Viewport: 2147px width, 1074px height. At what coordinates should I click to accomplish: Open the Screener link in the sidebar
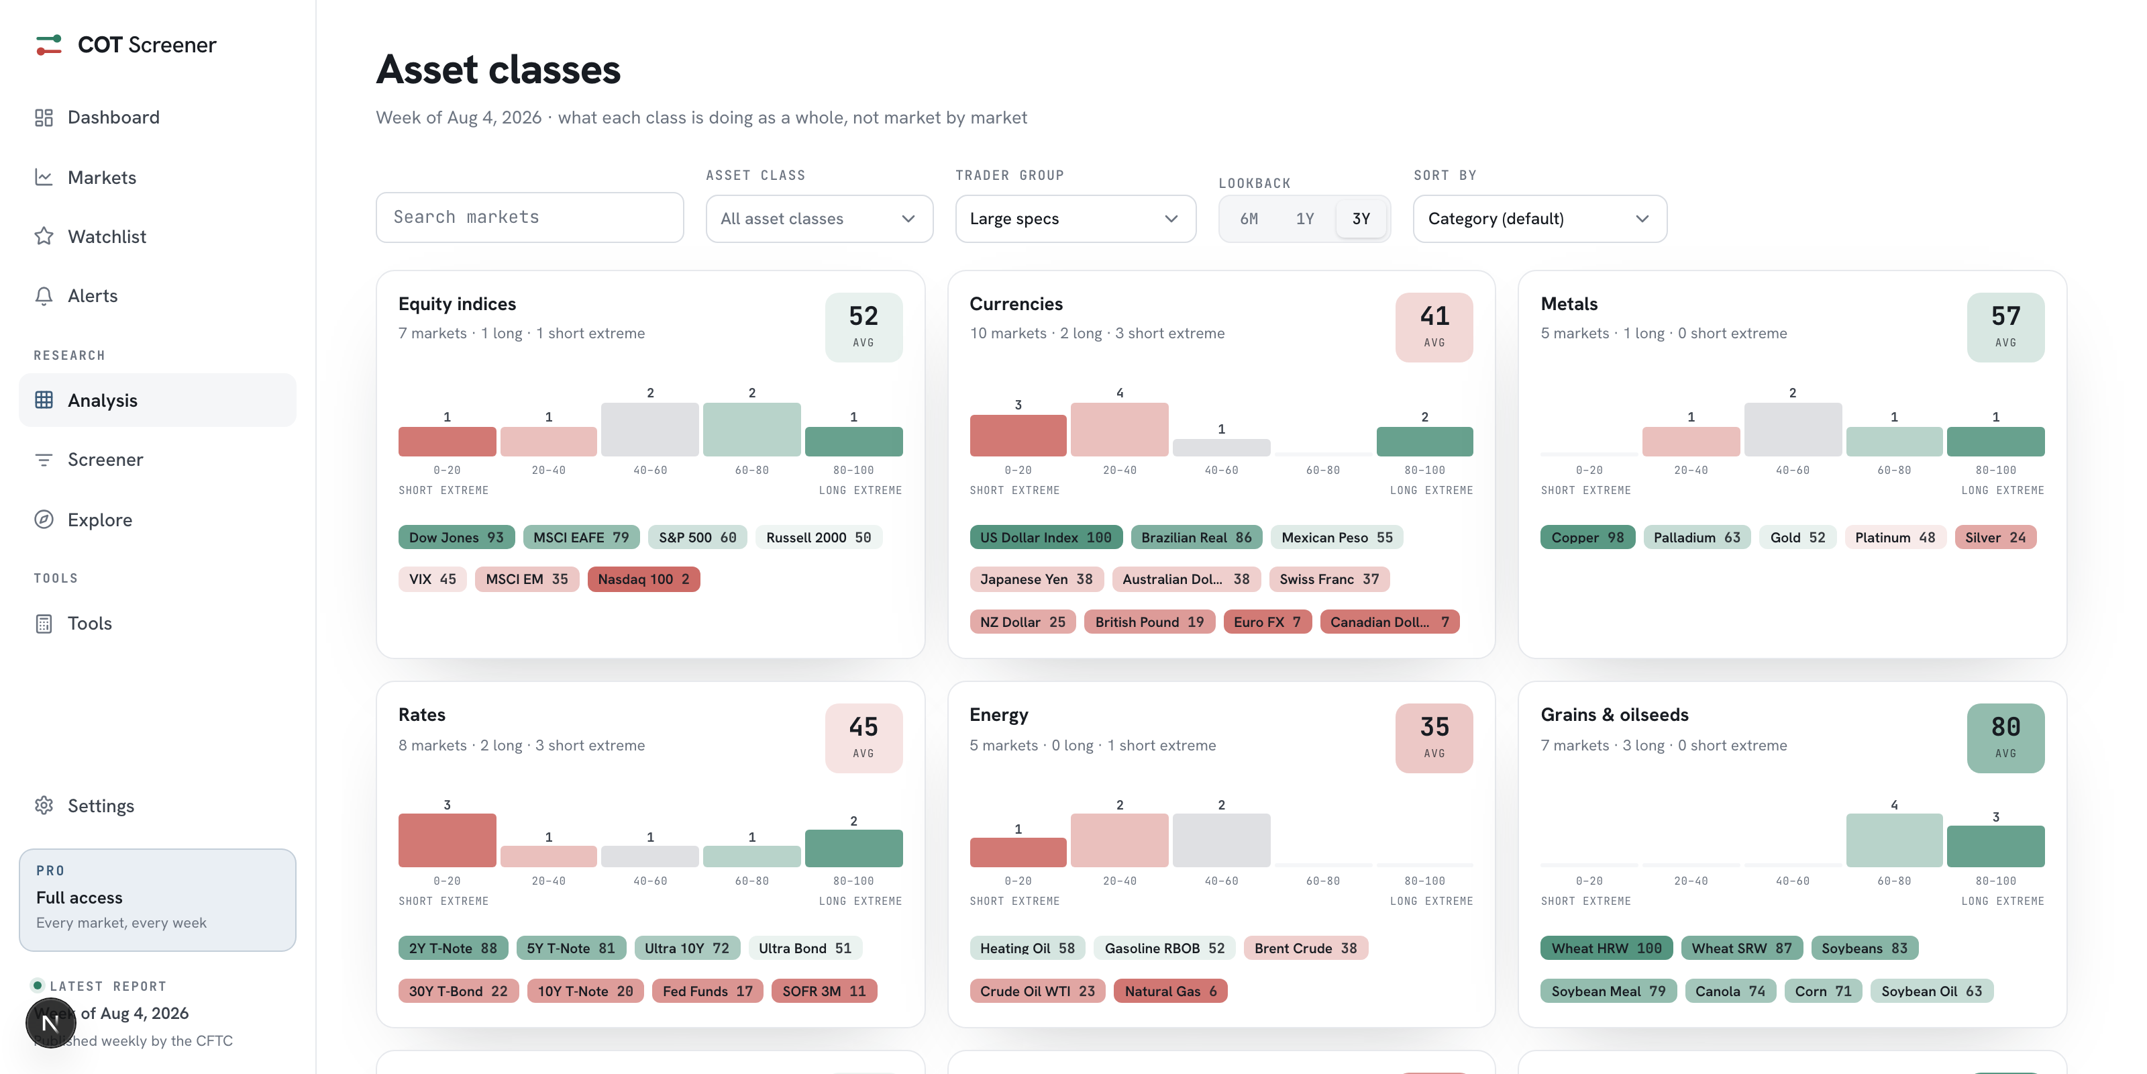point(105,459)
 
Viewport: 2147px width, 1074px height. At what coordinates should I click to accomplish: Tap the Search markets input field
point(529,217)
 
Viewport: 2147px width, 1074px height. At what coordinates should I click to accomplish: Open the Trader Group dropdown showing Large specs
point(1075,218)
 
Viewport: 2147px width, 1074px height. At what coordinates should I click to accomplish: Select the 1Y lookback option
point(1304,218)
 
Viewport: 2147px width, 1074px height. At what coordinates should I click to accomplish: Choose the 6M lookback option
point(1249,218)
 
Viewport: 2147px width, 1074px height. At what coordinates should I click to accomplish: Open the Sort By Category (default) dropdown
point(1539,218)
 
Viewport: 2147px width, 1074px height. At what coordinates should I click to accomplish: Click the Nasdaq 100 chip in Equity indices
point(643,579)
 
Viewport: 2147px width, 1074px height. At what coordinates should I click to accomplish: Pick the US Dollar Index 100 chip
point(1045,538)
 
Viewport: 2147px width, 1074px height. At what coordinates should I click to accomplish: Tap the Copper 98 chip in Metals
point(1587,538)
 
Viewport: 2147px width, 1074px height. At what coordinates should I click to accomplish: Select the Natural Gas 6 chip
point(1170,991)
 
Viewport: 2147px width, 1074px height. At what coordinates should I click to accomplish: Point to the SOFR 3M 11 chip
point(823,991)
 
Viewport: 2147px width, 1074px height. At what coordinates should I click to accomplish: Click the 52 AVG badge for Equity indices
point(863,327)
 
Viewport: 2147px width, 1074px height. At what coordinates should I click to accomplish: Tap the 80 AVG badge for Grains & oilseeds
point(2005,738)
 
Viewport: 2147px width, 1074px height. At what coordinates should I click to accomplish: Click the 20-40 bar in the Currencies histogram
point(1119,430)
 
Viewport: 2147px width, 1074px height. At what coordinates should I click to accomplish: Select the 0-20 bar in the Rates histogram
point(447,840)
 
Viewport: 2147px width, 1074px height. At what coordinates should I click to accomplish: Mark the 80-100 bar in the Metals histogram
point(1995,442)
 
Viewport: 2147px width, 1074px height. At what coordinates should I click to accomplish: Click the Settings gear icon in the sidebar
point(44,805)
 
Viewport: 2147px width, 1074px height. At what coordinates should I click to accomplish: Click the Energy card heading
point(998,716)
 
